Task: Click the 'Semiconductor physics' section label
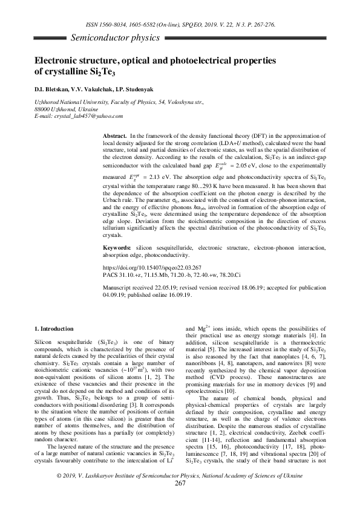tap(115, 38)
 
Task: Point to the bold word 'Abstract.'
tap(116, 137)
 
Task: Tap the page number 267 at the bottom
tap(180, 500)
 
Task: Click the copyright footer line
tap(180, 493)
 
